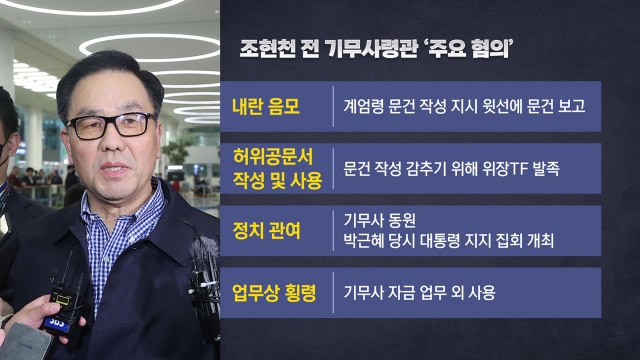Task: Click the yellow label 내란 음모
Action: (258, 103)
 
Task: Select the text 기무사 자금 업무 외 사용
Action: (419, 294)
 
